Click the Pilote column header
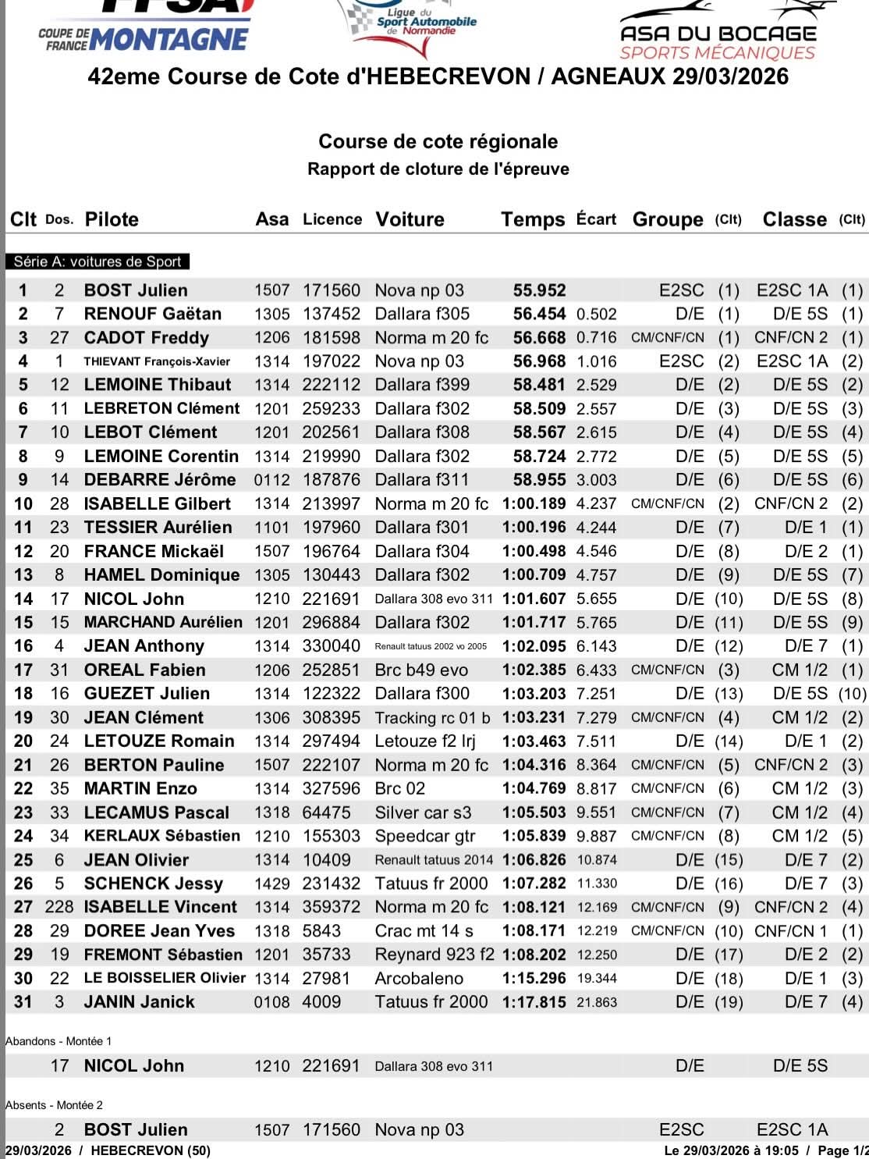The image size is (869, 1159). coord(111,219)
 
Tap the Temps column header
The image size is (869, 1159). coord(532,219)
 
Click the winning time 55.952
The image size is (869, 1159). coord(539,290)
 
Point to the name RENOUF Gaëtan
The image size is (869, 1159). coord(152,314)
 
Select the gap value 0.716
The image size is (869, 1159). coord(596,338)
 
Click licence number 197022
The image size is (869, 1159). coord(332,361)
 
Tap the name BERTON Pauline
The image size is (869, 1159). coord(154,765)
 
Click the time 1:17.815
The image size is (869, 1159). coord(534,1002)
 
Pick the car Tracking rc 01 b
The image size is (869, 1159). coord(432,718)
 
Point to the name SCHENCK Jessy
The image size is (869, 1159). coord(153,883)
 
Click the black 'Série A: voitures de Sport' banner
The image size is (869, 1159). coord(98,262)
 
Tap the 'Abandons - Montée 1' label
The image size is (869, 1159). coord(59,1041)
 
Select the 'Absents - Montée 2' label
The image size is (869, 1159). coord(55,1105)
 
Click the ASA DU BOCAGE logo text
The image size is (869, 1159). coord(718,34)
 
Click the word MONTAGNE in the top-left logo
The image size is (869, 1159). coord(169,39)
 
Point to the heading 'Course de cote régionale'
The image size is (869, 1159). coord(438,141)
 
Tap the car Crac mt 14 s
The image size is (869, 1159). coord(424,931)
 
